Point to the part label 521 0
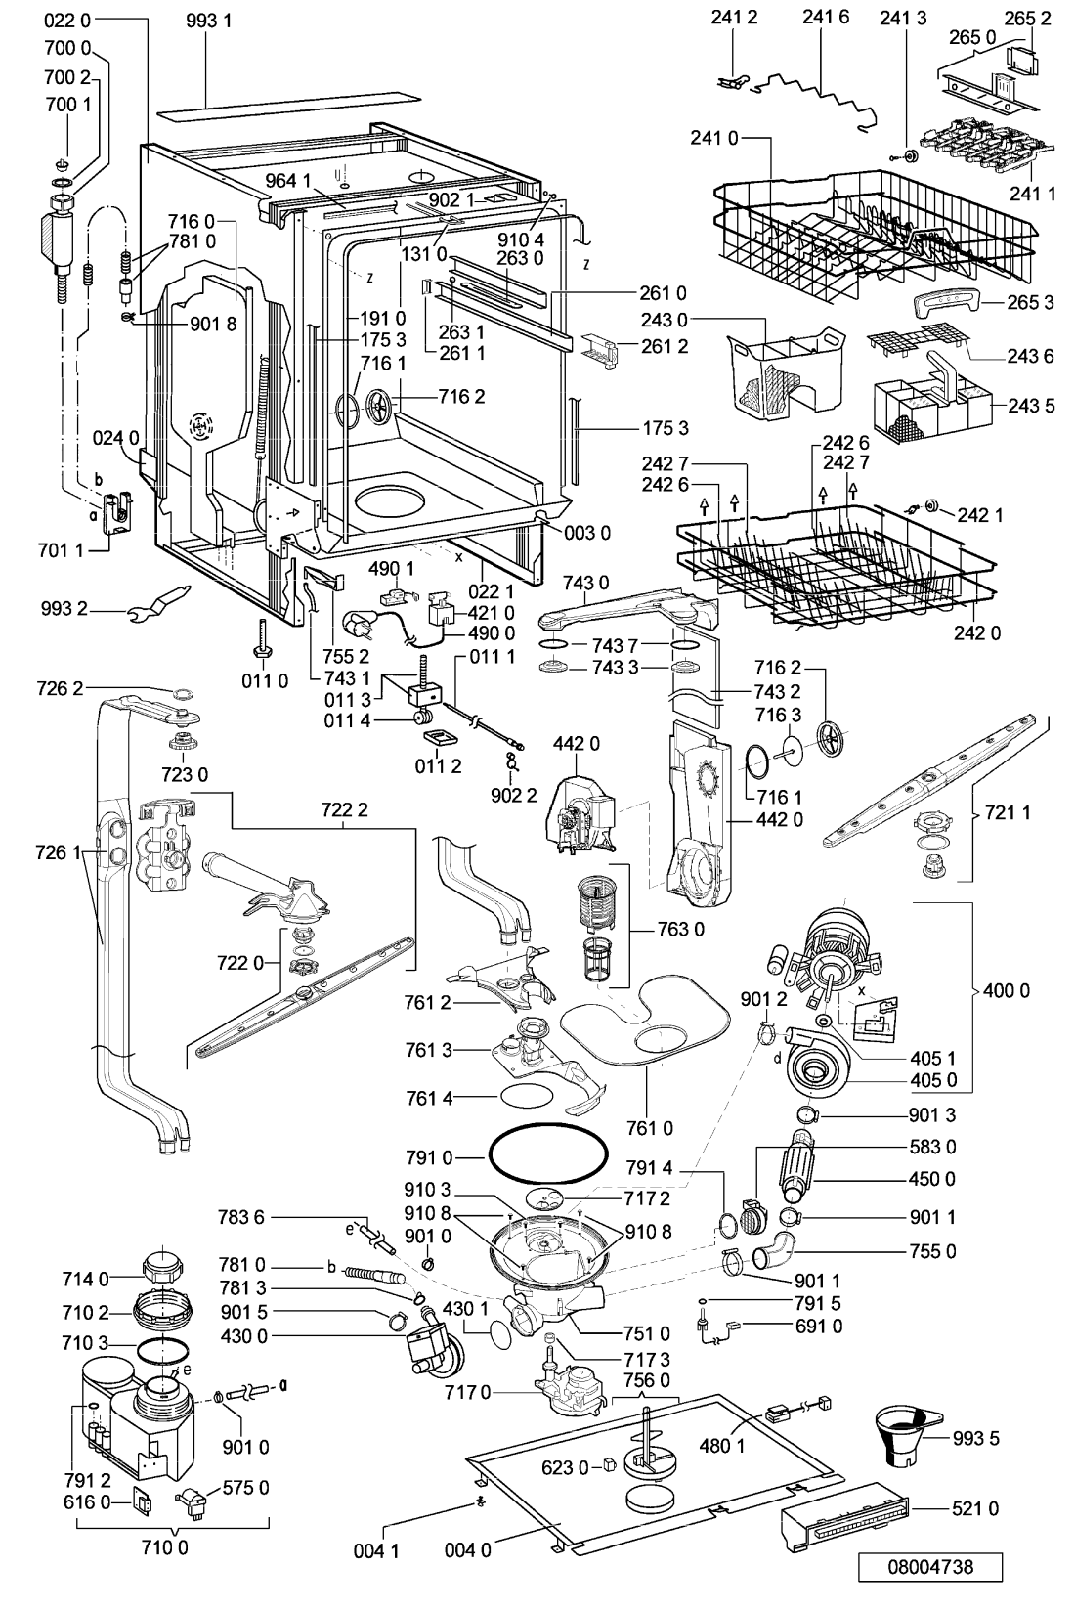click(975, 1507)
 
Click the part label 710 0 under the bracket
click(165, 1545)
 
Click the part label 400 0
click(1006, 990)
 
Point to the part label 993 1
click(208, 21)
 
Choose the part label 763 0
click(680, 929)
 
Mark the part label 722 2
click(344, 810)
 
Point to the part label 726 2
click(60, 688)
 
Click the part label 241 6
click(826, 17)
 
